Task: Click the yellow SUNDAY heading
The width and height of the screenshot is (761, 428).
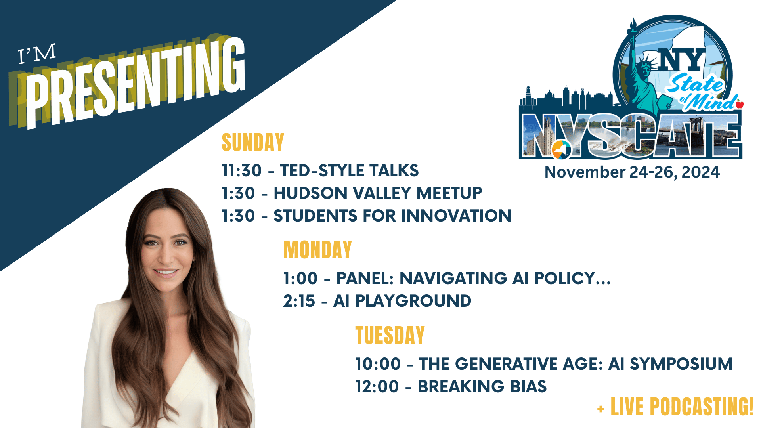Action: (253, 142)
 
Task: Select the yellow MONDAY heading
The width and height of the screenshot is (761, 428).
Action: (317, 250)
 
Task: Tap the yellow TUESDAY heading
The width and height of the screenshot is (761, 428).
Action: (390, 335)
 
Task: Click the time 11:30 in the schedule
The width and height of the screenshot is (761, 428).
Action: (242, 171)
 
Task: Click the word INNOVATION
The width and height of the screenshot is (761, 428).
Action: (456, 216)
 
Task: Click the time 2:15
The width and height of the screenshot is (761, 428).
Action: (299, 301)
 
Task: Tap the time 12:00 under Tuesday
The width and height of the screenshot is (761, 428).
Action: (377, 387)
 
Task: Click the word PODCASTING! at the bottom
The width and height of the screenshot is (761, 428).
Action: (702, 407)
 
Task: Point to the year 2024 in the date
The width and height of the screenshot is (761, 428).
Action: (700, 172)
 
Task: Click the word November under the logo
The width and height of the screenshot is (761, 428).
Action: (585, 172)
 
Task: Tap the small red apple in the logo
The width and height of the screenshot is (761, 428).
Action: (740, 104)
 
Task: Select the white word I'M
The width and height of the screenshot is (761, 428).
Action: (37, 54)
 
